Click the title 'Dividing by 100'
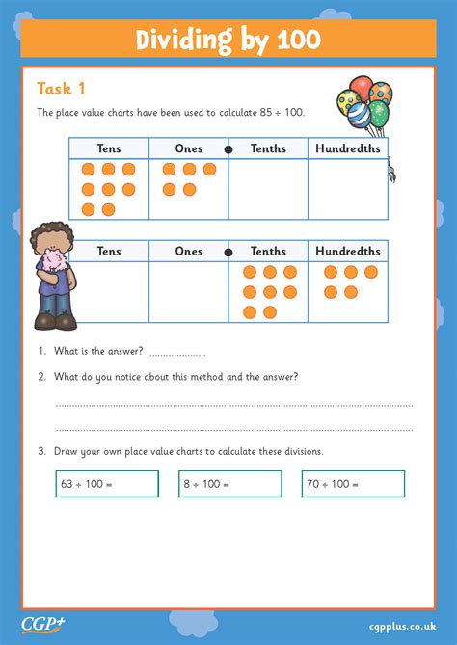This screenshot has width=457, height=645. click(228, 40)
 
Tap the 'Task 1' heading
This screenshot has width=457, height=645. click(61, 89)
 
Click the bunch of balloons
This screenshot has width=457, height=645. click(364, 107)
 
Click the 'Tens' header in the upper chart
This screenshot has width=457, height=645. click(109, 148)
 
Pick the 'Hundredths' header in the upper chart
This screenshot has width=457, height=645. click(347, 148)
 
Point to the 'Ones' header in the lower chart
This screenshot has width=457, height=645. click(189, 251)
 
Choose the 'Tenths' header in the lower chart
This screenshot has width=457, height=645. click(268, 251)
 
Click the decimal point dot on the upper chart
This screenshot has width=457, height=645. click(228, 148)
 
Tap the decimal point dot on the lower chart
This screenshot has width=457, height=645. click(228, 252)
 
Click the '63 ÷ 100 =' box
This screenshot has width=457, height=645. click(107, 484)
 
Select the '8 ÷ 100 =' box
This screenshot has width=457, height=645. click(230, 484)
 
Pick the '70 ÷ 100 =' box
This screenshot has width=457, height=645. click(353, 484)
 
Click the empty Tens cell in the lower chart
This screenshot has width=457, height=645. click(109, 291)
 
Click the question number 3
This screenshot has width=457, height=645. click(42, 451)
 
